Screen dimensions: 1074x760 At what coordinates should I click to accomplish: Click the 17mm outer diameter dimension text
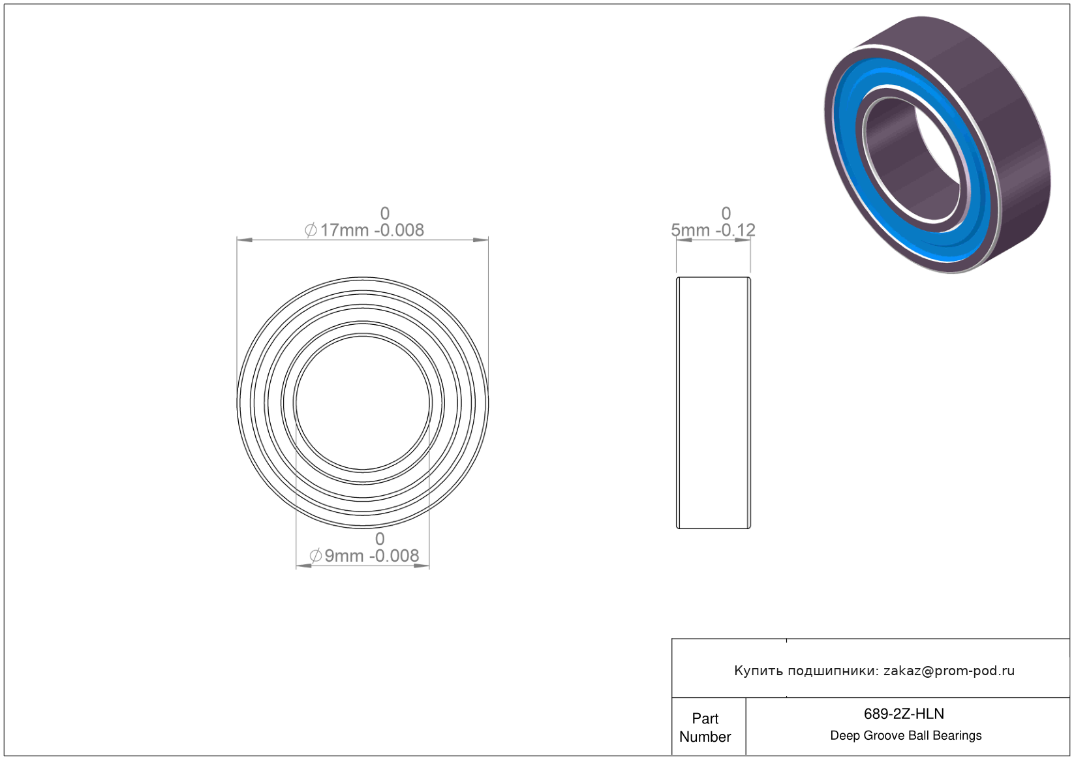coord(364,230)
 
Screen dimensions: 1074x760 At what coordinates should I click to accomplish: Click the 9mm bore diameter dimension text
coord(364,556)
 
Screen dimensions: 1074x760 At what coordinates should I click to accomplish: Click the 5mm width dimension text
coord(713,230)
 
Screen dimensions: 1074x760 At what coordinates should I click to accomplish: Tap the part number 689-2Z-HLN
coord(904,714)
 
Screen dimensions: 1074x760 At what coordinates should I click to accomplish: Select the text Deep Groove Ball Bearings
coord(906,736)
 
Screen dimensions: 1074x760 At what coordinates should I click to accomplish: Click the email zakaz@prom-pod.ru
coord(949,671)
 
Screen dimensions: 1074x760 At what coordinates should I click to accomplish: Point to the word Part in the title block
coord(705,719)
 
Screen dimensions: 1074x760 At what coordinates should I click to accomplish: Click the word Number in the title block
coord(705,737)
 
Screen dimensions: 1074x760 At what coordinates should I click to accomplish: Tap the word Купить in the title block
coord(758,671)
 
